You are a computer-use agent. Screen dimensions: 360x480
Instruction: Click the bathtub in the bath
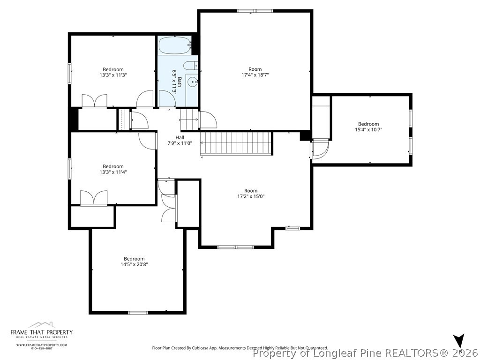174,46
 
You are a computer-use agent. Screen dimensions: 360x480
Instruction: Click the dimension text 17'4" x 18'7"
255,75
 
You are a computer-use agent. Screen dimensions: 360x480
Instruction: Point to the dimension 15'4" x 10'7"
368,129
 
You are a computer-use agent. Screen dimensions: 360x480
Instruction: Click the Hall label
180,137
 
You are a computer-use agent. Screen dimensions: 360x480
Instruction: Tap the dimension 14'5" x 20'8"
134,264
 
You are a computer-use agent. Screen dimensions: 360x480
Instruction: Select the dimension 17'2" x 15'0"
251,196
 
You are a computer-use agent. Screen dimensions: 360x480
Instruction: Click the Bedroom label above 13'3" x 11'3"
113,69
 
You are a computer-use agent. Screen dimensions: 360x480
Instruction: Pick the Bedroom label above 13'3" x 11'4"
113,166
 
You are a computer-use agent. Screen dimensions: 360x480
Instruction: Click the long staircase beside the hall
236,143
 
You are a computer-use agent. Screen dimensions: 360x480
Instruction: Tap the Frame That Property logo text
42,332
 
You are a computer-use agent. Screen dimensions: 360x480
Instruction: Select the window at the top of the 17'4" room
255,11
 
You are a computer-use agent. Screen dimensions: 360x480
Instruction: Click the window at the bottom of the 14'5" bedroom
138,312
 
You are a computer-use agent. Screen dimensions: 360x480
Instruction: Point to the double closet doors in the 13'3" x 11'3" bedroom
95,102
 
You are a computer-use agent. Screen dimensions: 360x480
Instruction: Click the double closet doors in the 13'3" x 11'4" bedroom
94,198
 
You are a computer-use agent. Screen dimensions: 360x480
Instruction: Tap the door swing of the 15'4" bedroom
320,149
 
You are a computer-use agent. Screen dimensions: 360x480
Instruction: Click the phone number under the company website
42,348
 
